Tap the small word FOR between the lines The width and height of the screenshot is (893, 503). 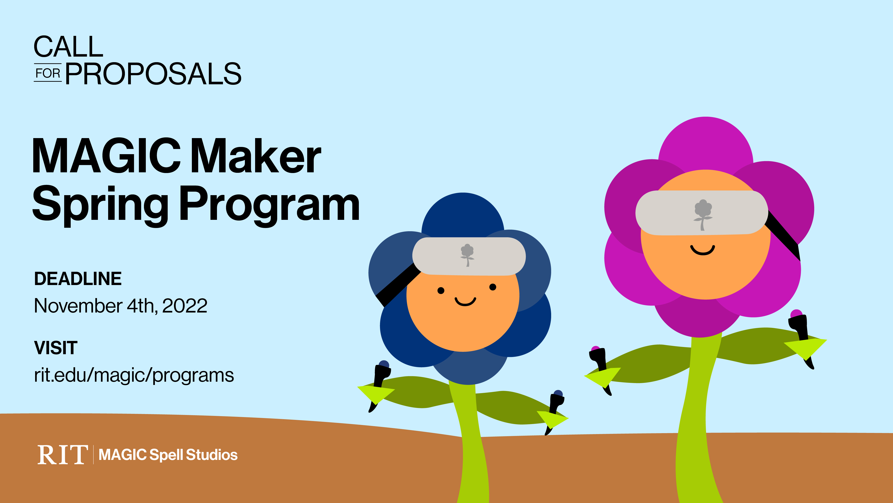48,73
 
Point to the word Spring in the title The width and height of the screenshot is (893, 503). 100,205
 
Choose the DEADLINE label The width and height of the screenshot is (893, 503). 78,279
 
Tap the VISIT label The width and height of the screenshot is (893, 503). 56,348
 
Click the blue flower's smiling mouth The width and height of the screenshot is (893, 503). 465,301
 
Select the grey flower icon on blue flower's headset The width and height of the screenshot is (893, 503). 467,255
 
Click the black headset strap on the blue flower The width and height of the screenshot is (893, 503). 398,285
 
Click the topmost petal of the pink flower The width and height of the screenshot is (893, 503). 706,146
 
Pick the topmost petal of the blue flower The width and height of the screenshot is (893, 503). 463,215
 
